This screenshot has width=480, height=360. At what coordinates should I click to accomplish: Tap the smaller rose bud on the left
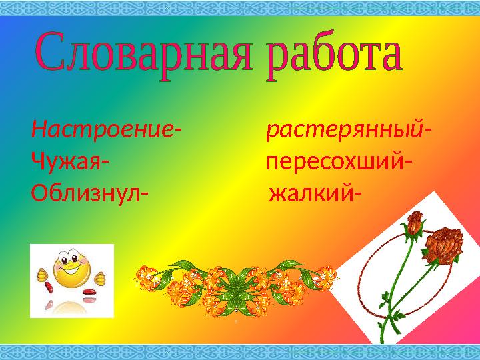[x=414, y=224]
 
